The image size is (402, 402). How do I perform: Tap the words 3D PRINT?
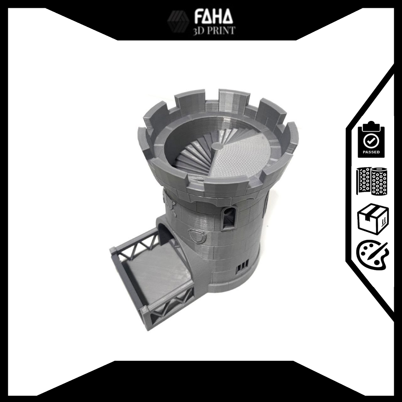214,30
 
